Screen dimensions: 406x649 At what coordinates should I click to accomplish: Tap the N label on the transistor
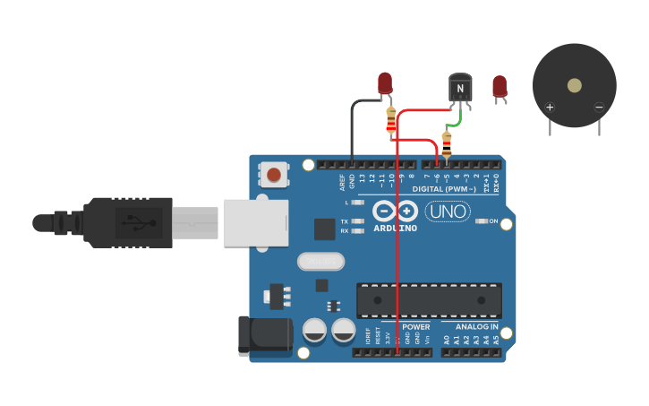pyautogui.click(x=460, y=88)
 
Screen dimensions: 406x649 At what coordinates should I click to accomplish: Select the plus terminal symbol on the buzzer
pyautogui.click(x=550, y=108)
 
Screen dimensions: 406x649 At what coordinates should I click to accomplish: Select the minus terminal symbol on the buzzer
pyautogui.click(x=599, y=108)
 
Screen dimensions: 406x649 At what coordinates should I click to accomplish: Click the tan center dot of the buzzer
pyautogui.click(x=574, y=85)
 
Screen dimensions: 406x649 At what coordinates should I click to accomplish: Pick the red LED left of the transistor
pyautogui.click(x=385, y=83)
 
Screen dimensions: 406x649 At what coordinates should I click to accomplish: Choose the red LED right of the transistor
pyautogui.click(x=500, y=86)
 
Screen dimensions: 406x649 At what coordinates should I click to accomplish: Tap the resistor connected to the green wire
pyautogui.click(x=447, y=143)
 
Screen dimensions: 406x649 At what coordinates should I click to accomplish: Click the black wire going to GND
pyautogui.click(x=353, y=125)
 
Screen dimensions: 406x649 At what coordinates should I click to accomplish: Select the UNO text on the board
pyautogui.click(x=448, y=212)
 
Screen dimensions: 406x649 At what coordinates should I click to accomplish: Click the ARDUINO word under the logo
pyautogui.click(x=396, y=228)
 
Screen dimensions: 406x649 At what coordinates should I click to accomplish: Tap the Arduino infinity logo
pyautogui.click(x=396, y=212)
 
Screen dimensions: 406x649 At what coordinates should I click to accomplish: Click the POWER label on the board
pyautogui.click(x=415, y=327)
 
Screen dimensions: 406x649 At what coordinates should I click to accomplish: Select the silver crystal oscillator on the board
pyautogui.click(x=320, y=261)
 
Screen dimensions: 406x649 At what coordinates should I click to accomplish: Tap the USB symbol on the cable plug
pyautogui.click(x=132, y=220)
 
